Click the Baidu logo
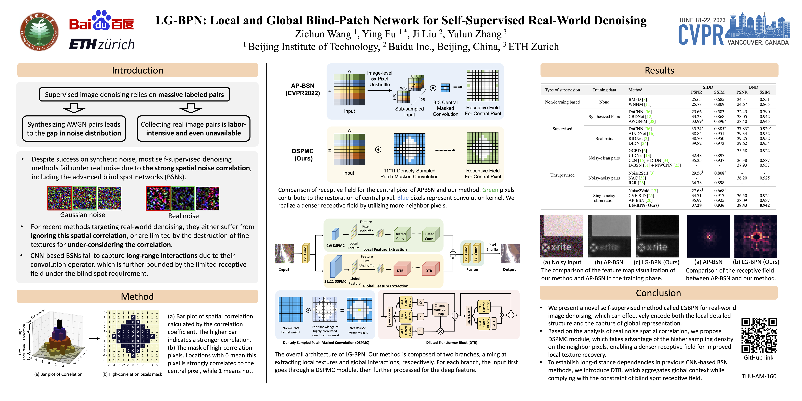pyautogui.click(x=102, y=22)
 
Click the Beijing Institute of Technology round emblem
pyautogui.click(x=39, y=31)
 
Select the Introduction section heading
pyautogui.click(x=137, y=70)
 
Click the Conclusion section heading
pyautogui.click(x=658, y=293)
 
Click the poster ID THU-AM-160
pyautogui.click(x=759, y=376)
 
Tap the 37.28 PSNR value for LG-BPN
pyautogui.click(x=696, y=205)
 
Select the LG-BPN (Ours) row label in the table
pyautogui.click(x=643, y=205)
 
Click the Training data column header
pyautogui.click(x=604, y=90)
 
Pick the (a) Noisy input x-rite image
pyautogui.click(x=561, y=236)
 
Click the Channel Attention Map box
pyautogui.click(x=440, y=310)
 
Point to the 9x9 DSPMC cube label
pyautogui.click(x=335, y=246)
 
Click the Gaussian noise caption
pyautogui.click(x=83, y=215)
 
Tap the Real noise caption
pyautogui.click(x=183, y=216)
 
